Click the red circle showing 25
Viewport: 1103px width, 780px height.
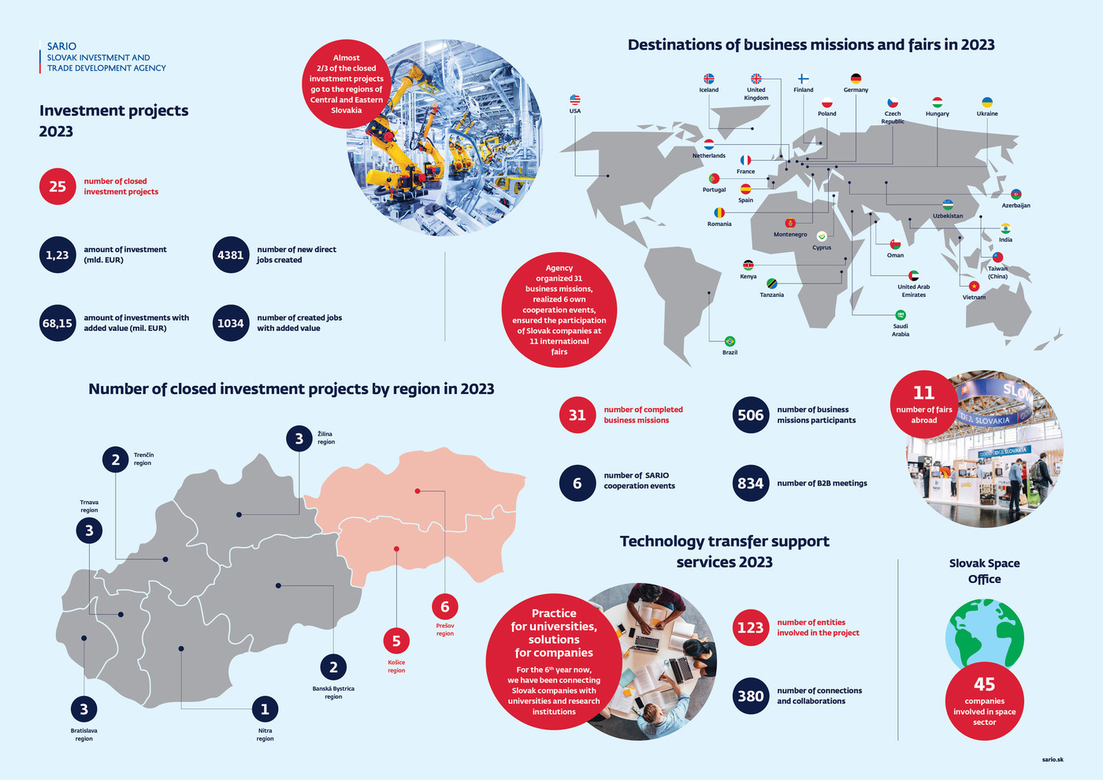[58, 187]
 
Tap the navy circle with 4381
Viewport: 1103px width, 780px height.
[231, 255]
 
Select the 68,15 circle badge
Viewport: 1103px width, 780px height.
[58, 323]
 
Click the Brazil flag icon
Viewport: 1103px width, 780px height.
[730, 341]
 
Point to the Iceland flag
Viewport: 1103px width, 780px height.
[708, 79]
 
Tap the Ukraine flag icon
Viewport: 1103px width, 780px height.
[986, 102]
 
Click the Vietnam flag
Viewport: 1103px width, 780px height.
[974, 286]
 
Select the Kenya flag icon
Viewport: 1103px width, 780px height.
[748, 266]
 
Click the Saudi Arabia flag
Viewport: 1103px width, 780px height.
[901, 315]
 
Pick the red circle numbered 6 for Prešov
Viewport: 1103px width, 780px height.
[445, 607]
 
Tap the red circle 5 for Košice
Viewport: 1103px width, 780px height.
[396, 641]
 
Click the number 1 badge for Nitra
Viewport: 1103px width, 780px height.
[265, 709]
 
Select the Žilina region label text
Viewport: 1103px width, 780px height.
[326, 438]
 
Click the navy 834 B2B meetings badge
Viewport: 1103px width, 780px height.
[750, 484]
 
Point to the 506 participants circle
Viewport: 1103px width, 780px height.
[750, 415]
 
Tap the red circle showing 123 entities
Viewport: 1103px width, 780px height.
[750, 628]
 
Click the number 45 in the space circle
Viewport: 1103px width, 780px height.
[984, 684]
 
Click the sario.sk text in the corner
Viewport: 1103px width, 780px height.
[1052, 760]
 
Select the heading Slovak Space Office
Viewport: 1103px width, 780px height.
[984, 571]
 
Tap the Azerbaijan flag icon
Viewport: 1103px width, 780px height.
[1016, 194]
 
